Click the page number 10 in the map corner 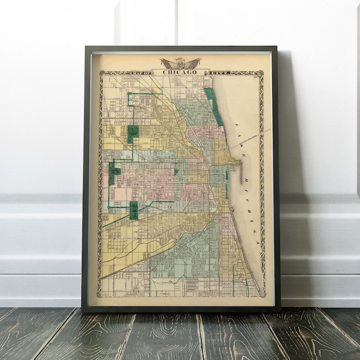255,79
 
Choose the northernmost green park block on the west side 132,134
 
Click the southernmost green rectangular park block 134,210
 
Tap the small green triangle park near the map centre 176,171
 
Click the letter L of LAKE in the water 235,124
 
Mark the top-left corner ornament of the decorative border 102,73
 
